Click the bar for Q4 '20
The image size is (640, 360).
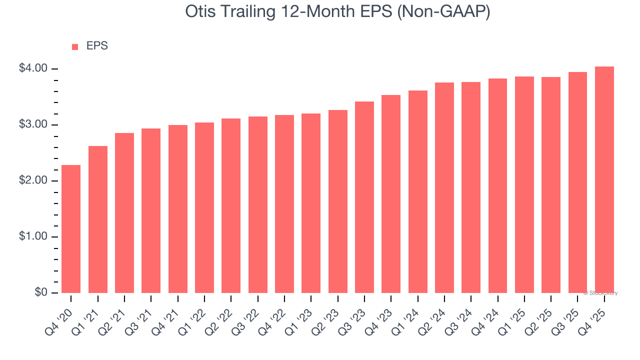tap(71, 229)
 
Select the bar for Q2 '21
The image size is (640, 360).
tap(124, 213)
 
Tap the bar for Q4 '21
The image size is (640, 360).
tap(178, 209)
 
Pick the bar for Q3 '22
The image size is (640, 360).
tap(258, 205)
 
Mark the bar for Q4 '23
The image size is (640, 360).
tap(391, 194)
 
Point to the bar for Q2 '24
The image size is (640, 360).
tap(444, 187)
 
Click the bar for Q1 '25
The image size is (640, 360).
tap(524, 184)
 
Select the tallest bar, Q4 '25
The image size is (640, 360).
tap(604, 179)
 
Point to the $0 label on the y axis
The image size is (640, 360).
tap(40, 292)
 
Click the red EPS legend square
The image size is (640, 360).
tap(75, 46)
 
